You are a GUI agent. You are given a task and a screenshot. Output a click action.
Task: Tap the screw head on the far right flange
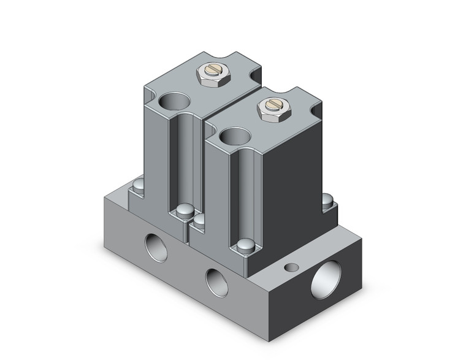328,200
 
